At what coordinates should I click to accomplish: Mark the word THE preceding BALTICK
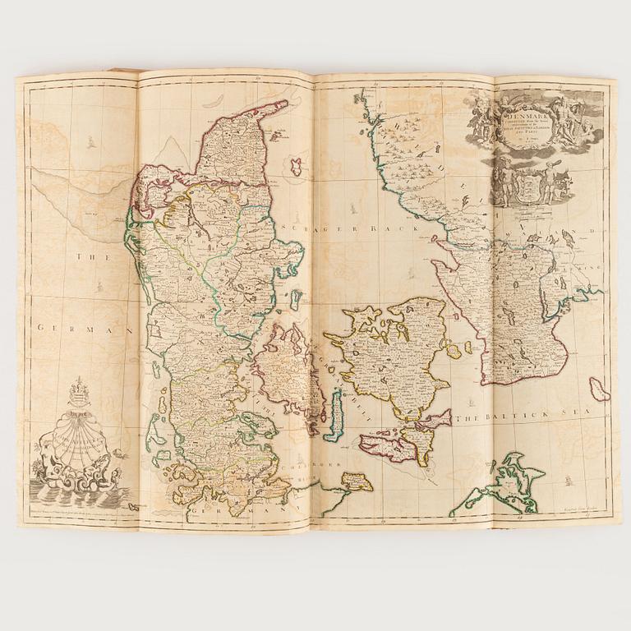tap(466, 418)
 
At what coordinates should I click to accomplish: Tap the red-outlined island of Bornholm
tap(599, 389)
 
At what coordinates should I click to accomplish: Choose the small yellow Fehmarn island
tap(355, 481)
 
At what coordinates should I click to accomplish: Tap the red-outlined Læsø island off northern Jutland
tap(297, 166)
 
